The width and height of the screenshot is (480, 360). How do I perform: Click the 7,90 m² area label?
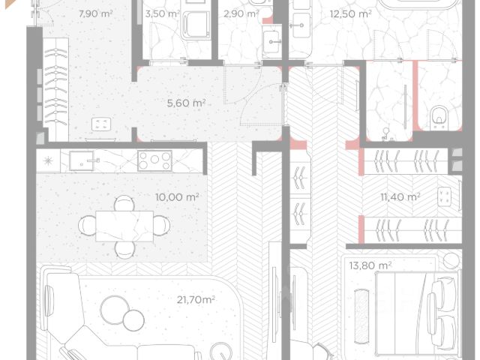95,13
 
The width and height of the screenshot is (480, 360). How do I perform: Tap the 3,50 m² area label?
162,14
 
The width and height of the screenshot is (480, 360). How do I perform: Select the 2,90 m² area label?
241,13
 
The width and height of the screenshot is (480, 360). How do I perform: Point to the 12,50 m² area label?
350,13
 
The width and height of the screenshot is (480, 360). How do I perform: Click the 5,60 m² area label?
186,103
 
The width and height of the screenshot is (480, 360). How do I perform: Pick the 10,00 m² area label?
177,196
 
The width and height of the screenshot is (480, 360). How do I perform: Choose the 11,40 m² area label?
400,196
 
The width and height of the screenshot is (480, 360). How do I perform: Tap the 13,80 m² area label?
370,265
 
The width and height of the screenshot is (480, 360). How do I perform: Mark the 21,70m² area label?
196,299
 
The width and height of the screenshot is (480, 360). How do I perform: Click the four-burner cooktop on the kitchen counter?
155,160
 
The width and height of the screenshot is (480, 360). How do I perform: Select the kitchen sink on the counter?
82,160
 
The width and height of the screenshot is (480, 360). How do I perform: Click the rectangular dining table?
124,226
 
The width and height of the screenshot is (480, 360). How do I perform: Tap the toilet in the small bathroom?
439,118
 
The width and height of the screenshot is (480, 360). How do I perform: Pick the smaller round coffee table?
133,320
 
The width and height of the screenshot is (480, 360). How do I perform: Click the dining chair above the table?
124,203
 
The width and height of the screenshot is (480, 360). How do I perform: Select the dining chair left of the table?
87,226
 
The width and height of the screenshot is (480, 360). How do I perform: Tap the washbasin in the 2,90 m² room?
272,42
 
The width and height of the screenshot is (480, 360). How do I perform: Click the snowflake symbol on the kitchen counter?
48,160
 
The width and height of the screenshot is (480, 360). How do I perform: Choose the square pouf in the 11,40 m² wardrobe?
444,196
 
